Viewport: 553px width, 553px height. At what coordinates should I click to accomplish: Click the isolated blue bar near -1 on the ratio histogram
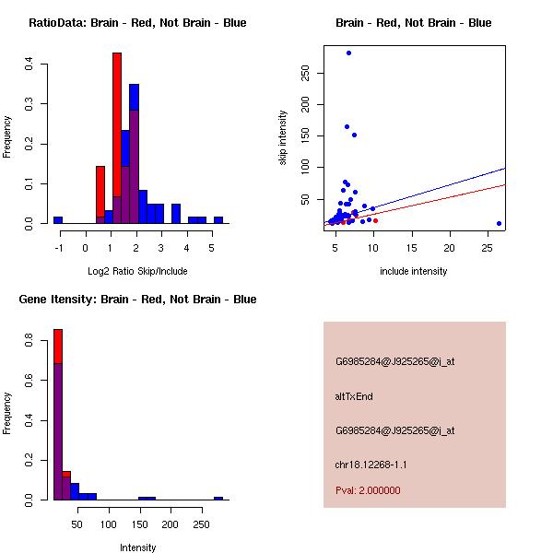coord(58,220)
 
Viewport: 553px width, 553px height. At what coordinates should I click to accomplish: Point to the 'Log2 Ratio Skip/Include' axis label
coord(137,271)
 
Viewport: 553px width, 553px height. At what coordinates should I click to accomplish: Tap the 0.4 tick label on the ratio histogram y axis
coord(30,64)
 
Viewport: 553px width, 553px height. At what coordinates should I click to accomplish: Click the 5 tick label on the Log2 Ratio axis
coord(212,247)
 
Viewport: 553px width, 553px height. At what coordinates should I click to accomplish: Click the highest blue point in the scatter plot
coord(348,53)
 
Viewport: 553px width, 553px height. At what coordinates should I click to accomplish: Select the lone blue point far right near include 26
coord(499,223)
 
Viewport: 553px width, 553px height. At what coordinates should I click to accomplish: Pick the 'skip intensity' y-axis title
coord(283,138)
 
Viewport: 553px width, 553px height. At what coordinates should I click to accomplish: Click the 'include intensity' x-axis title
coord(414,271)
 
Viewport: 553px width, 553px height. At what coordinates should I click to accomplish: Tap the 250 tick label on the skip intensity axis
coord(306,73)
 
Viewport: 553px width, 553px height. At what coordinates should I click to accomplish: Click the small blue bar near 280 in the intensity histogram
coord(218,498)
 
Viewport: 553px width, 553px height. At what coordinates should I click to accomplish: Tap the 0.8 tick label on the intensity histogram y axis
coord(30,343)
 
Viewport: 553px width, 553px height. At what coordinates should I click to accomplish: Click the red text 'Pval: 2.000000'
coord(368,490)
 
